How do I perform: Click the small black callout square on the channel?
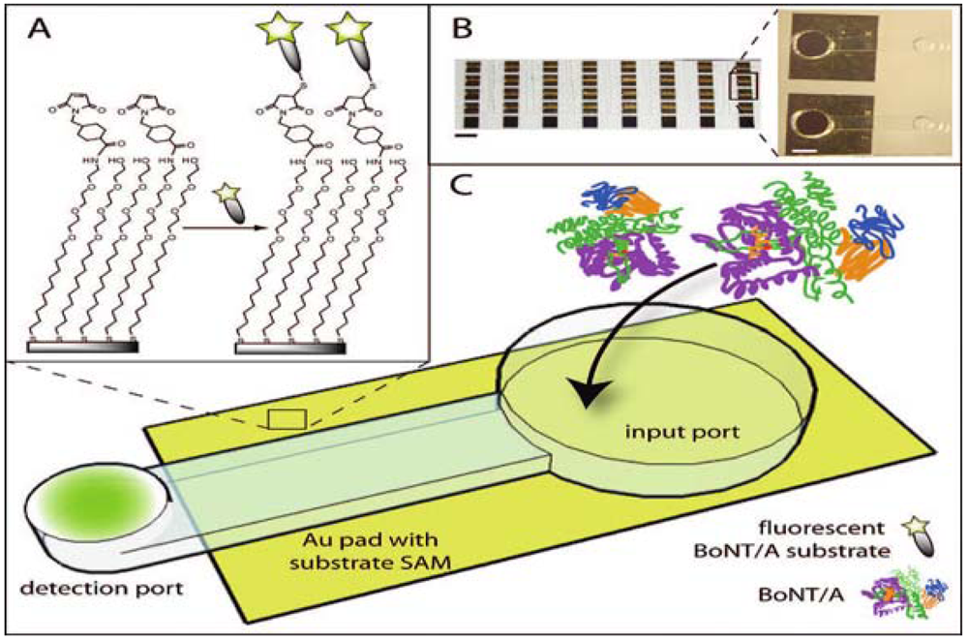pyautogui.click(x=287, y=419)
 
